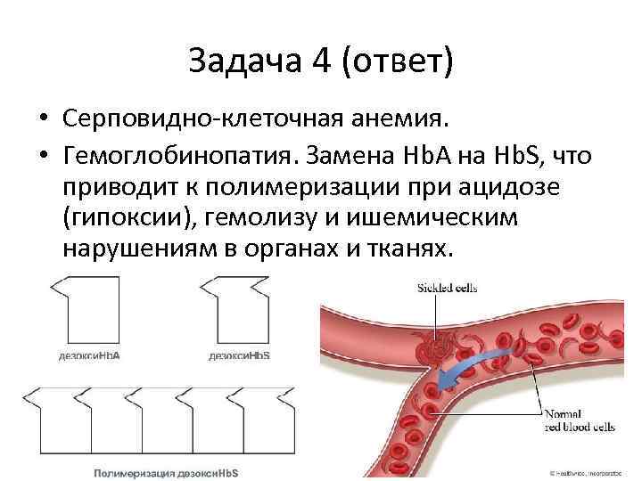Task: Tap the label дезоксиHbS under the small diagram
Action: pyautogui.click(x=240, y=355)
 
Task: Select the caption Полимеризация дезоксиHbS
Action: pyautogui.click(x=168, y=470)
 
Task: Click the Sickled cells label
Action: pyautogui.click(x=447, y=287)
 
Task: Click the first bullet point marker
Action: pyautogui.click(x=42, y=119)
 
